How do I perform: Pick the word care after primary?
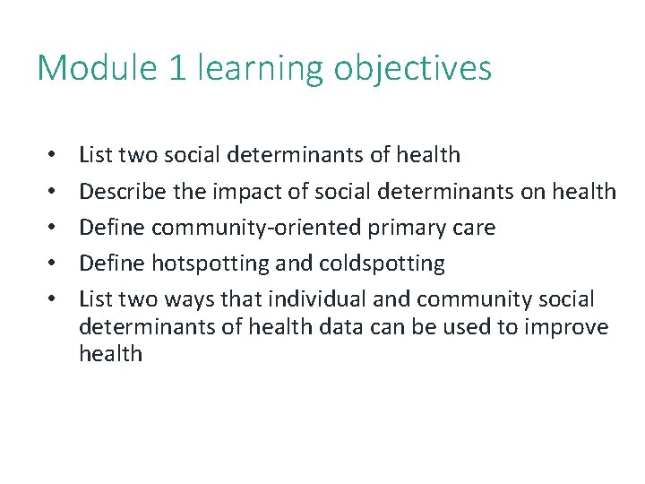476,228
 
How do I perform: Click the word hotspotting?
200,264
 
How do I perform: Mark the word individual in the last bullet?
321,299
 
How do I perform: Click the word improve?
569,327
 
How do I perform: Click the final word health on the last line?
110,353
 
